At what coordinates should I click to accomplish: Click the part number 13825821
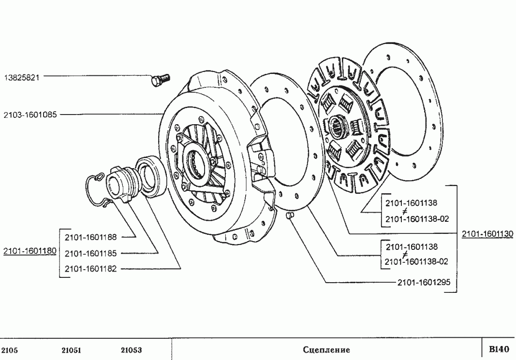(22, 76)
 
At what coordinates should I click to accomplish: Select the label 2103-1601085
(30, 115)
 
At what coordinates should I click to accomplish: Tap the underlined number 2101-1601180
(30, 251)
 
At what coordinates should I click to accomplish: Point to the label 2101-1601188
(90, 237)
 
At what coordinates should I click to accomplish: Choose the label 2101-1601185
(90, 253)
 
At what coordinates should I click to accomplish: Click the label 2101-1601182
(90, 269)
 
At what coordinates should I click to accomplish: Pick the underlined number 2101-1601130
(487, 234)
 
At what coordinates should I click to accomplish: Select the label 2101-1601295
(424, 283)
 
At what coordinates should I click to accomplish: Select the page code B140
(499, 349)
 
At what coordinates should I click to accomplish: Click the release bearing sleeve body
(119, 184)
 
